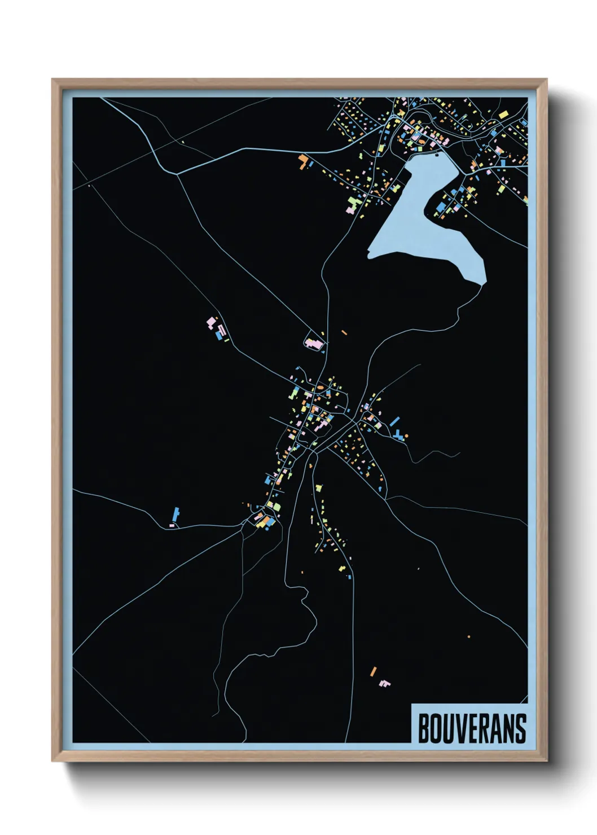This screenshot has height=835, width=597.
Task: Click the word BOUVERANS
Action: point(472,728)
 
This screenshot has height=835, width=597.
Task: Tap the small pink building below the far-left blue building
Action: point(172,526)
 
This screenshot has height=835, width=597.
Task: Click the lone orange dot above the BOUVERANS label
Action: point(469,636)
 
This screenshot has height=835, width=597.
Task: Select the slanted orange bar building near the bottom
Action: point(373,671)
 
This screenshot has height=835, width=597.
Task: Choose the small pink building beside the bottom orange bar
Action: point(385,684)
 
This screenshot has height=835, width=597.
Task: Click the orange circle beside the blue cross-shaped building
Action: point(406,436)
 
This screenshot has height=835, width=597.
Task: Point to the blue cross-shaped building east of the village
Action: point(399,435)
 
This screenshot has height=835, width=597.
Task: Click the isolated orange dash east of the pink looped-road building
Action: point(344,332)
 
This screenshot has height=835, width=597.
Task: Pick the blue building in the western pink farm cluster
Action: point(218,336)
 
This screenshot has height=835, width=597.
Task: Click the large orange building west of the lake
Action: point(303,161)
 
